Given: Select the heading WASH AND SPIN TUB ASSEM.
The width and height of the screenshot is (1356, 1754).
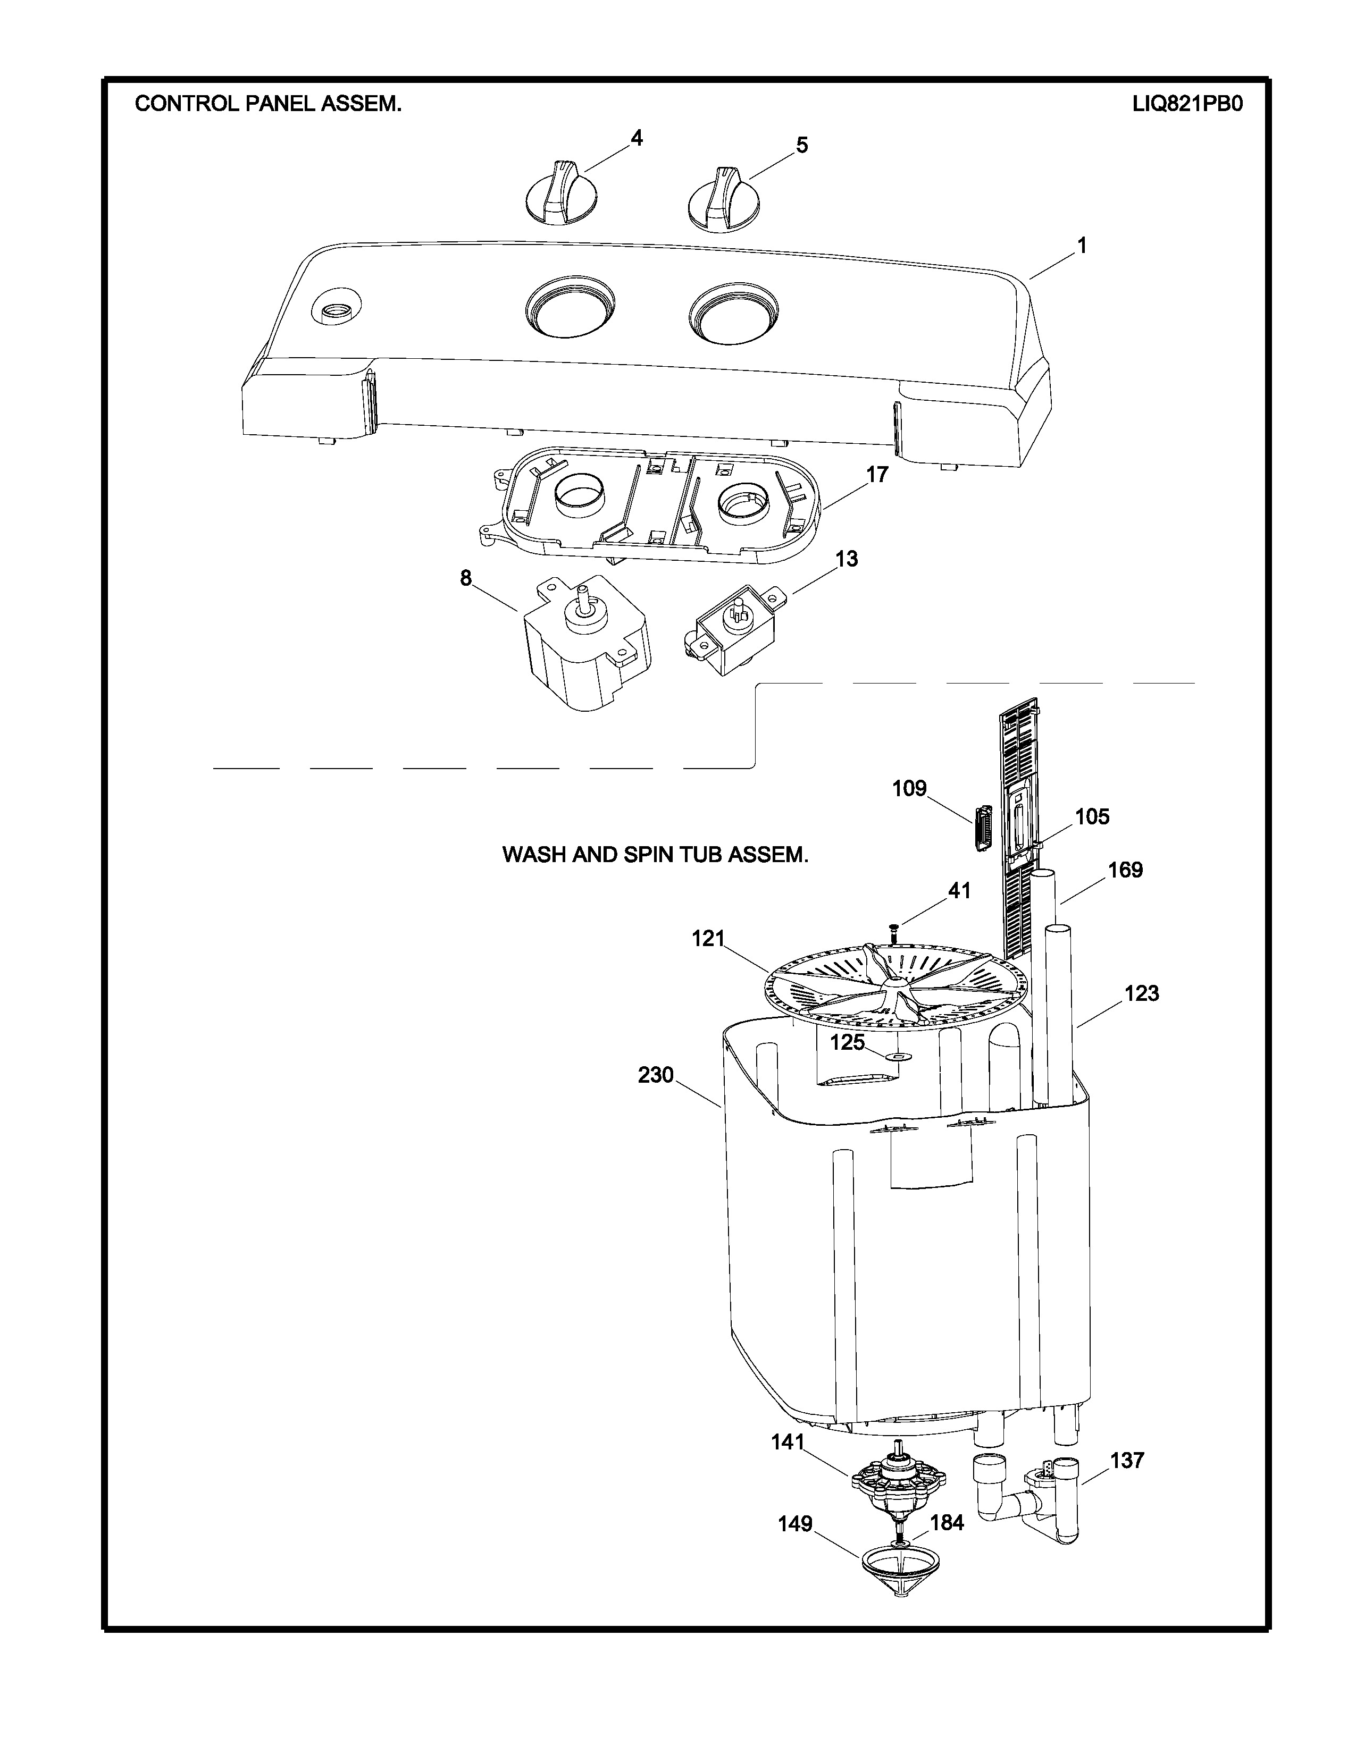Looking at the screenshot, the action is (x=655, y=855).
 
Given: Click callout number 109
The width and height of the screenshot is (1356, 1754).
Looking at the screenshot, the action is (x=909, y=789).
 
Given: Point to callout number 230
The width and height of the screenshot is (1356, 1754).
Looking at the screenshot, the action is (x=656, y=1075).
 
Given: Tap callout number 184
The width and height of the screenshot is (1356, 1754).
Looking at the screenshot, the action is (x=947, y=1523).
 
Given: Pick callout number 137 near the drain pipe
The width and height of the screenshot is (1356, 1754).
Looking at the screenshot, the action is (x=1127, y=1460).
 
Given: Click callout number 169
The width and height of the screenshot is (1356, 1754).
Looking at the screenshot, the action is (x=1125, y=870).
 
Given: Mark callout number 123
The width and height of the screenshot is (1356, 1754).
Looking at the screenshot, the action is (x=1142, y=993).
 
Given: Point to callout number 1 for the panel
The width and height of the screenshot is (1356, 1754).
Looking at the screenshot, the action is (x=1082, y=246).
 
